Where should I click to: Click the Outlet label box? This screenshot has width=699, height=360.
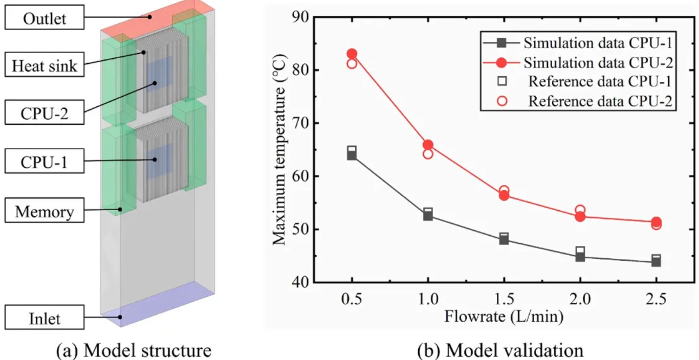45,19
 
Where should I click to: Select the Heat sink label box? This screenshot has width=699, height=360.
45,66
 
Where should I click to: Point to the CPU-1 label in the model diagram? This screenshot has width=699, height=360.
45,163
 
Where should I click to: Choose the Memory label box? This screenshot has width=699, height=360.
44,211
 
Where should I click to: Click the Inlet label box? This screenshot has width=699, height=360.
45,319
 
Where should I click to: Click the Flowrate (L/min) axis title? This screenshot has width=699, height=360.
504,317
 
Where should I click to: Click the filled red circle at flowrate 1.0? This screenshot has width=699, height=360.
428,145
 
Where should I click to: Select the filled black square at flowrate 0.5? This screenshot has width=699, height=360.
352,155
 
